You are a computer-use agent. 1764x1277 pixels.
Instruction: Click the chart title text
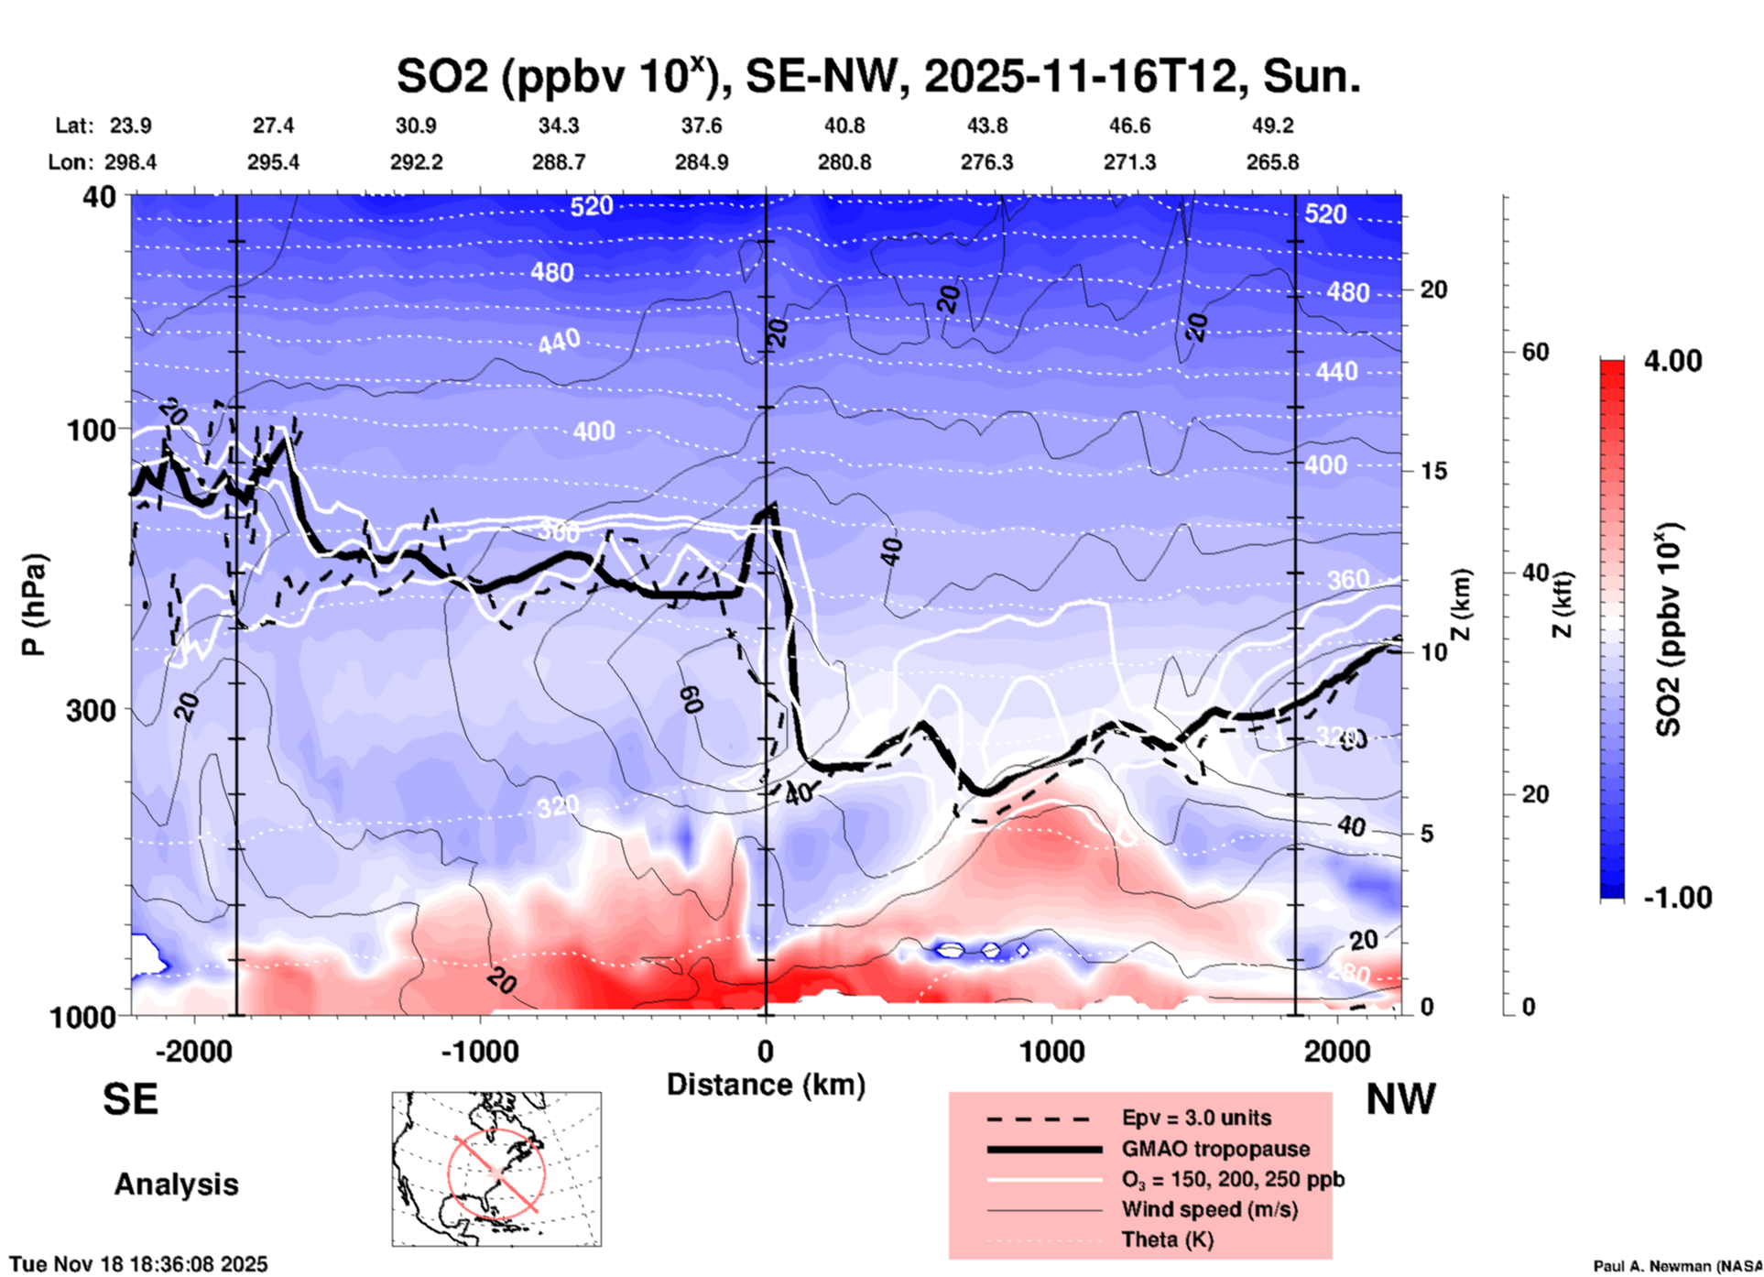tap(877, 77)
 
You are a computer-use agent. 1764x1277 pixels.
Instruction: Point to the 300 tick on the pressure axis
tap(91, 710)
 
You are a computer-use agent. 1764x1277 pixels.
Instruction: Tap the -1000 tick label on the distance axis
tap(479, 1051)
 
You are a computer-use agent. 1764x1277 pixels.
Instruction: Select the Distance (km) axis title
tap(766, 1085)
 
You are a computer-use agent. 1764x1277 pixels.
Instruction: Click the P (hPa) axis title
tap(33, 605)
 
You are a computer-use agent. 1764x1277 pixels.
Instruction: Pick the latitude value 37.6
tap(701, 126)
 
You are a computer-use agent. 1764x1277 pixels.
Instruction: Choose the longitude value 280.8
tap(844, 162)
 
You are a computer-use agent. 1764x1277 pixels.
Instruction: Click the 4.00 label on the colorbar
tap(1672, 360)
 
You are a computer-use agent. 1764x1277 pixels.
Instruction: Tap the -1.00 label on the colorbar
tap(1677, 897)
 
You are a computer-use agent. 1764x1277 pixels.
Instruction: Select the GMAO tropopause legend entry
tap(1215, 1149)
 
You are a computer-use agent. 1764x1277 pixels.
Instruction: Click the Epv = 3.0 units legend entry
tap(1196, 1118)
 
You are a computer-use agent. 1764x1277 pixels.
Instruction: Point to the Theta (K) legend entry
tap(1167, 1239)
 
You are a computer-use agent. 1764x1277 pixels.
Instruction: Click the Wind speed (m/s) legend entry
tap(1209, 1209)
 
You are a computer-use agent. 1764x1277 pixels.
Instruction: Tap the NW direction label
tap(1400, 1099)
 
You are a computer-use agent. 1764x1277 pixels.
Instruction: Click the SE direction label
tap(130, 1099)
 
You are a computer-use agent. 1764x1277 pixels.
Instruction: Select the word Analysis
tap(176, 1184)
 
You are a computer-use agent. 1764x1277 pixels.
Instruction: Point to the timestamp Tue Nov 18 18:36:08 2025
tap(138, 1264)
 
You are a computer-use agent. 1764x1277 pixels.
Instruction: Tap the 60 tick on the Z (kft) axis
tap(1535, 352)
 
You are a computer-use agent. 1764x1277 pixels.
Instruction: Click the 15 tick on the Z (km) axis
tap(1433, 471)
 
